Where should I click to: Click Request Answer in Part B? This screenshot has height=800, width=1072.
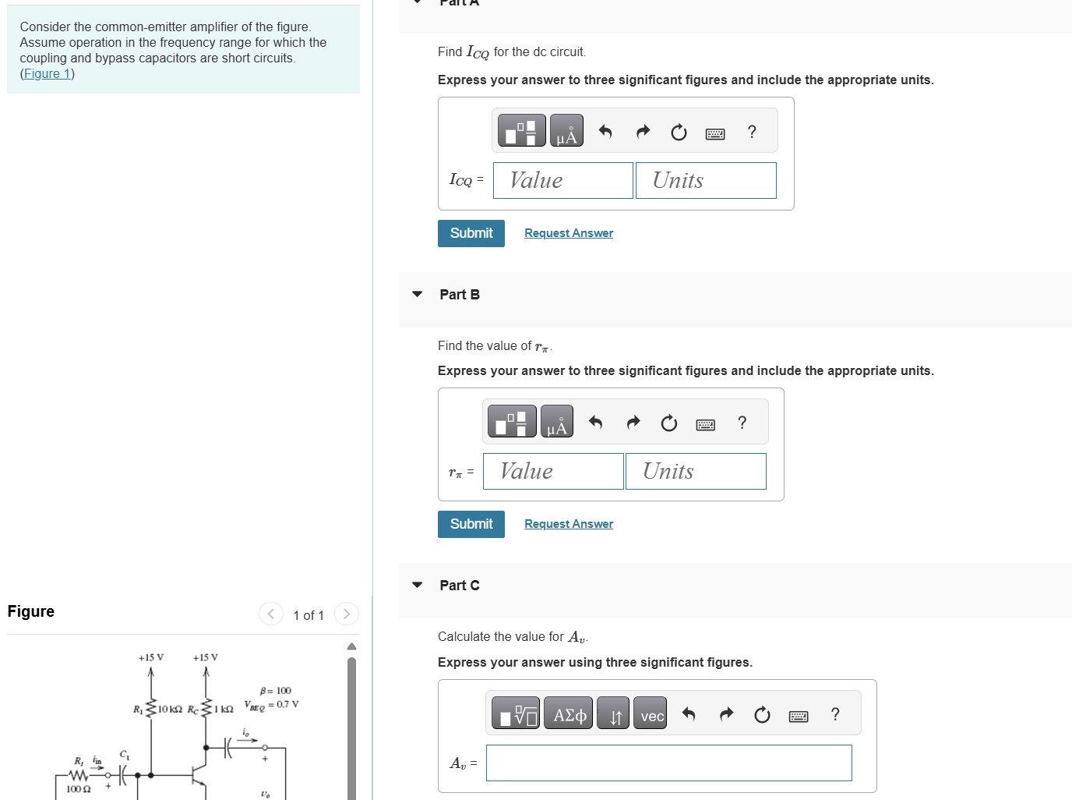(x=568, y=524)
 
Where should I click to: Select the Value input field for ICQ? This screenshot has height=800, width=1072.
(x=562, y=180)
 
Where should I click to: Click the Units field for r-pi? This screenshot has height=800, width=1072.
(x=695, y=471)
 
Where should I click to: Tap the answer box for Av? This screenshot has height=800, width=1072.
(x=668, y=763)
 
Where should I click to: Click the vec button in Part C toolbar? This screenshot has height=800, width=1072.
(x=651, y=715)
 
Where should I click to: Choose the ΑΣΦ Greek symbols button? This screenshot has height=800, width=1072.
(x=569, y=715)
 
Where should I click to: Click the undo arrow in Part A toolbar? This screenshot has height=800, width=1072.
(x=605, y=132)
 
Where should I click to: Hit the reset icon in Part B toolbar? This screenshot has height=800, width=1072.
(x=668, y=423)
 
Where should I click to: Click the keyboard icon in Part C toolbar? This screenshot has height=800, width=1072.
(x=798, y=715)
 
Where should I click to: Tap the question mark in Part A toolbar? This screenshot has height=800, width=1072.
(x=751, y=132)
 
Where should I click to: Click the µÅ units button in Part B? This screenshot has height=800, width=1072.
(x=556, y=422)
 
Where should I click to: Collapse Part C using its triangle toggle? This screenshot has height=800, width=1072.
(x=418, y=585)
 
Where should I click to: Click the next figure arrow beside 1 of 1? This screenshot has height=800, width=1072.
(x=347, y=614)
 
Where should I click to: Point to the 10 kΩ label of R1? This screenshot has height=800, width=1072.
(x=170, y=709)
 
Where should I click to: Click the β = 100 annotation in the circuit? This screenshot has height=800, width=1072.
(x=276, y=691)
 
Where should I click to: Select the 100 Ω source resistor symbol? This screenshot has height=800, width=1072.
(x=78, y=776)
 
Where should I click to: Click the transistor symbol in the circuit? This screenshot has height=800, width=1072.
(x=199, y=777)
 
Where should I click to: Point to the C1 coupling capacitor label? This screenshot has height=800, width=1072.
(x=125, y=755)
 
